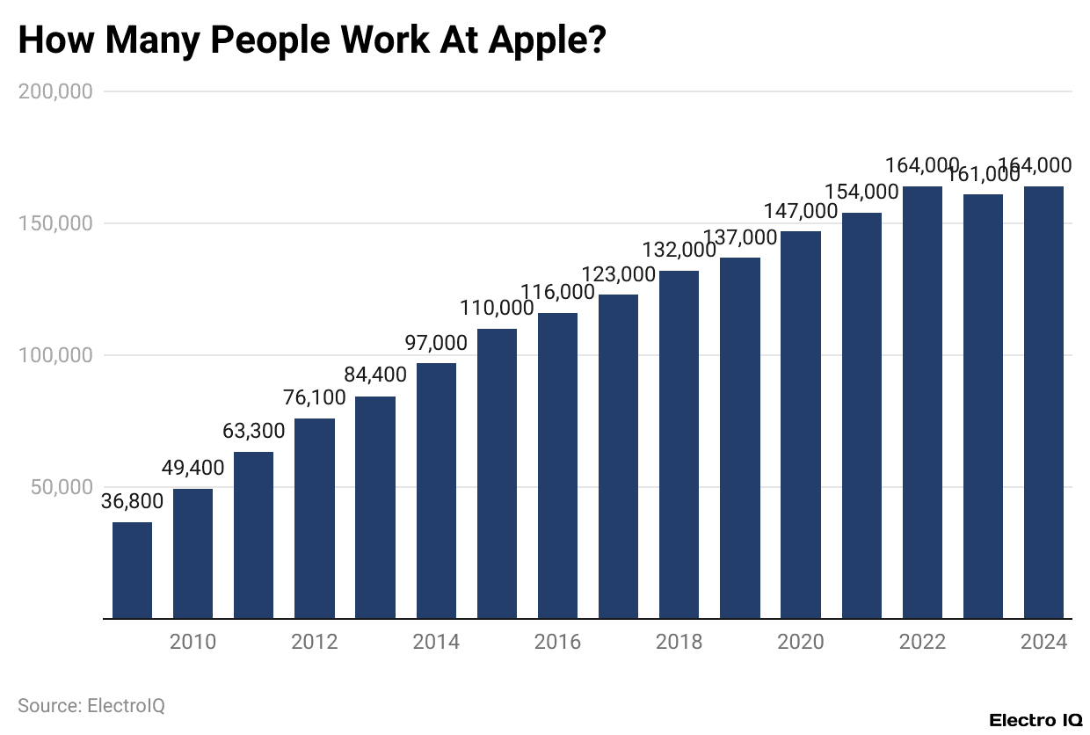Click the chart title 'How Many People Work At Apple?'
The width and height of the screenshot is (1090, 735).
click(312, 40)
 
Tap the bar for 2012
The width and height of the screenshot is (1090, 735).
click(315, 518)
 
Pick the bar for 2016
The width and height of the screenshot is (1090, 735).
click(557, 465)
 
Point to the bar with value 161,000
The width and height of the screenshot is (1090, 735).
click(983, 406)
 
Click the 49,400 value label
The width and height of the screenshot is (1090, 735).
click(193, 468)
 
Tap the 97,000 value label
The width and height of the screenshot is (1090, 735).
click(436, 342)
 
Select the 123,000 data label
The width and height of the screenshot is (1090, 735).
click(619, 273)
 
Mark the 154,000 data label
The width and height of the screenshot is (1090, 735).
click(861, 192)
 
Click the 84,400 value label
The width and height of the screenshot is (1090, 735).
click(375, 375)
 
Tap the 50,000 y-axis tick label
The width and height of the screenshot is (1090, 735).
click(61, 487)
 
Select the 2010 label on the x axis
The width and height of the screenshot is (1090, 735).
click(193, 642)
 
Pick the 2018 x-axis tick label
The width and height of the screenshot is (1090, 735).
click(679, 642)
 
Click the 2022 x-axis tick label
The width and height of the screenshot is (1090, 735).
click(922, 642)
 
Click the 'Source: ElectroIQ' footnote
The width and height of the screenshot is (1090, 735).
click(91, 705)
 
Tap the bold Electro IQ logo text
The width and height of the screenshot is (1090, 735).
click(1035, 720)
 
